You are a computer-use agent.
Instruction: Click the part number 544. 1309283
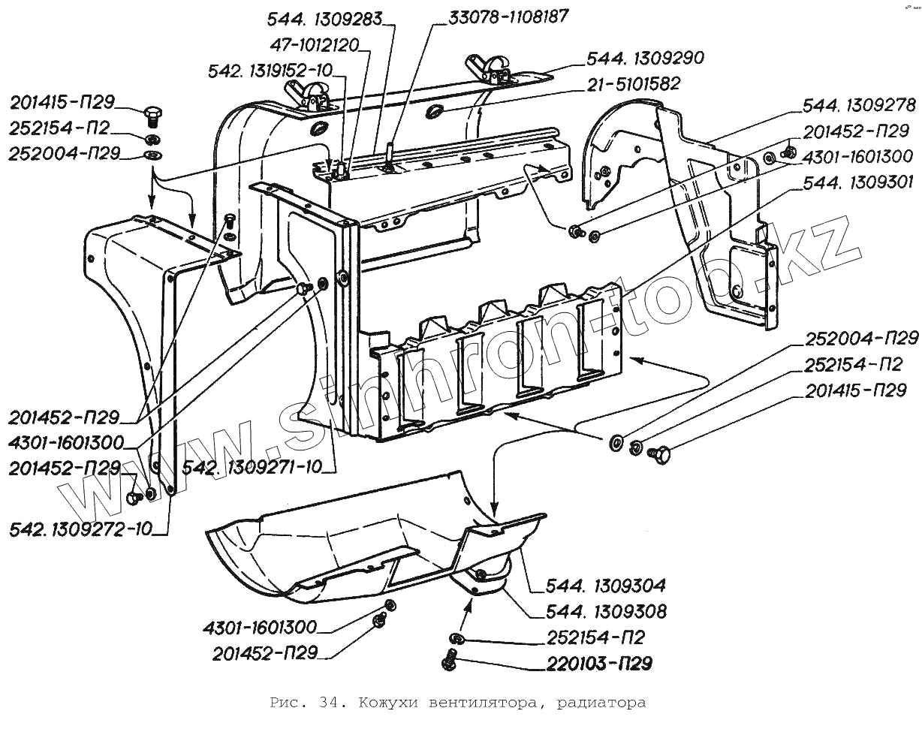pos(324,20)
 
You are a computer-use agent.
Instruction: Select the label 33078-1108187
pos(508,17)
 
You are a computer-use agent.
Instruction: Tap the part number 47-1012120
pos(314,44)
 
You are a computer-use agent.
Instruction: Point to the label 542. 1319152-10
pos(270,71)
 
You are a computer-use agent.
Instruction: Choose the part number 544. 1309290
pos(645,58)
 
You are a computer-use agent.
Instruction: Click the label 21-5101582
pos(633,83)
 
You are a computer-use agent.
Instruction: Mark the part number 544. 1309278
pos(859,105)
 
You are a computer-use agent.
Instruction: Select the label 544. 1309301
pos(858,183)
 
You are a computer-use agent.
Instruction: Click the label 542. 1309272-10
pos(81,529)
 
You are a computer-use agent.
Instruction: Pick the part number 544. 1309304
pos(605,586)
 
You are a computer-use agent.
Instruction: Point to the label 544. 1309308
pos(606,612)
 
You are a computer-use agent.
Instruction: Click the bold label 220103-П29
pos(599,664)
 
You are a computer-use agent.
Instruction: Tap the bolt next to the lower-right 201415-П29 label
pos(659,454)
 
